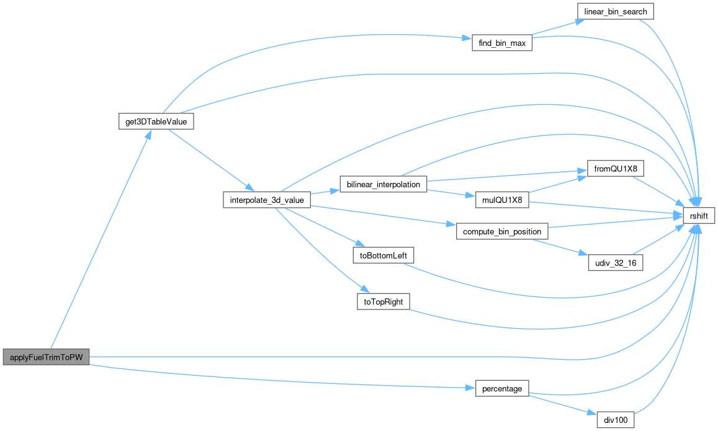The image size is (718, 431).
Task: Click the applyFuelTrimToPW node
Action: pos(47,357)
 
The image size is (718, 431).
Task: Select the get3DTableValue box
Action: pos(156,121)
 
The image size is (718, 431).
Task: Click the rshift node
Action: pos(699,216)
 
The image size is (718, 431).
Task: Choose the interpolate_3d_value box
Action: pos(266,200)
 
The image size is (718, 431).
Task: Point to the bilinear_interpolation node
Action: pos(384,184)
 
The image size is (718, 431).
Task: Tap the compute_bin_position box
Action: pos(502,231)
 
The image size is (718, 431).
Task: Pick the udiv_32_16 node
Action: pos(615,263)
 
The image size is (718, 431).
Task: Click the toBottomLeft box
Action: pos(383,255)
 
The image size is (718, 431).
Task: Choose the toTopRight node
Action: pos(383,301)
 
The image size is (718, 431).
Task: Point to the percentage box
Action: pos(502,389)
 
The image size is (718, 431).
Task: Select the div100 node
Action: pos(615,420)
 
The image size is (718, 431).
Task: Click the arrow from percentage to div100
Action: pos(558,404)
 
